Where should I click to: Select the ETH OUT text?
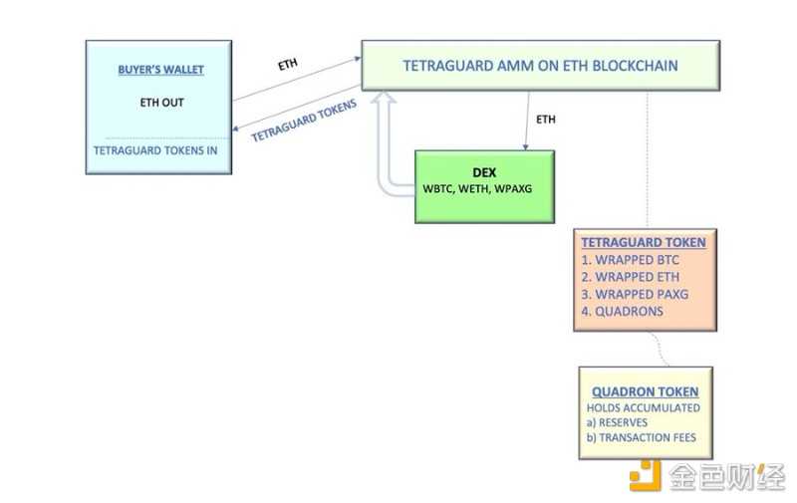(x=160, y=102)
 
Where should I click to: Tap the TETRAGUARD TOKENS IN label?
(x=155, y=150)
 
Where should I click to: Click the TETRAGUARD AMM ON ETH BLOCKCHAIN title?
(x=540, y=66)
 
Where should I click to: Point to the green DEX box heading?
(x=484, y=171)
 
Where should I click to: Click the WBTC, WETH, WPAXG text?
(x=484, y=188)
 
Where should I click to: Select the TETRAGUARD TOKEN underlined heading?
(x=644, y=242)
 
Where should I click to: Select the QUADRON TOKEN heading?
(x=645, y=391)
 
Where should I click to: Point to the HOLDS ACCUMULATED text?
(x=643, y=407)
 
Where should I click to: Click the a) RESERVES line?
(x=619, y=422)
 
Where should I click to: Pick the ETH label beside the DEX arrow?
(x=546, y=120)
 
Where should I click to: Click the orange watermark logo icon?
(x=645, y=476)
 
